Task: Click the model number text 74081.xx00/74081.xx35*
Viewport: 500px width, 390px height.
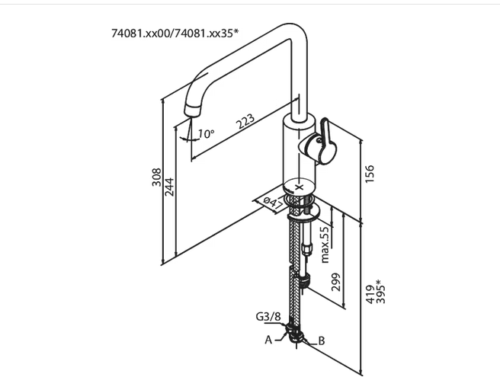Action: tap(175, 34)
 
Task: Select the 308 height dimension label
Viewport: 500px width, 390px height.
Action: tap(156, 178)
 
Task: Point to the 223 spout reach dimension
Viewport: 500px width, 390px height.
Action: tap(245, 121)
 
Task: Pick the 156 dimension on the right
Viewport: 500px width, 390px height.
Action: tap(370, 174)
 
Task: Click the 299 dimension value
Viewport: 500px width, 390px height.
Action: tap(337, 283)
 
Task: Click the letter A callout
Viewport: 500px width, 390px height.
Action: tap(268, 340)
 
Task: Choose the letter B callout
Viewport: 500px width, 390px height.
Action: tap(321, 341)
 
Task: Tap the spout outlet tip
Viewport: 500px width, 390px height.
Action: tap(190, 114)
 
